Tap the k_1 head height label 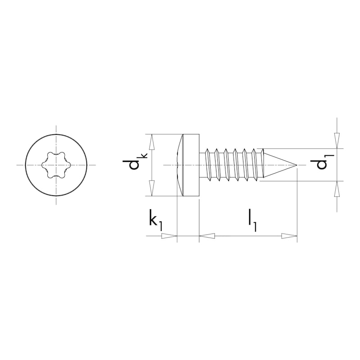[155, 220]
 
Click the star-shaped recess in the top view [55, 165]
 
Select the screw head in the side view [189, 165]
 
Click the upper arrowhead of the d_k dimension [152, 141]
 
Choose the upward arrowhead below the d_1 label [337, 189]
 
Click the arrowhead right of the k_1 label [169, 236]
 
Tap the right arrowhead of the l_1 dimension [289, 236]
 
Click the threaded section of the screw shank [234, 165]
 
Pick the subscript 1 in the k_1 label [161, 225]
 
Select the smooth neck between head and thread [202, 165]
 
